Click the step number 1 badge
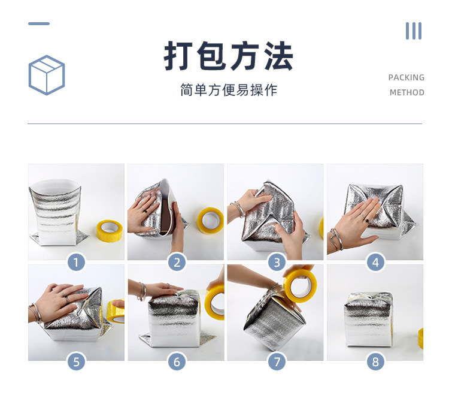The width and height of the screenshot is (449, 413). pyautogui.click(x=76, y=263)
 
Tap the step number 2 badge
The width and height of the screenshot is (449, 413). pyautogui.click(x=177, y=263)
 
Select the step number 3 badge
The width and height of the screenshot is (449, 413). pyautogui.click(x=277, y=263)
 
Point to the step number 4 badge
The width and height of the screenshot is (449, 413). pyautogui.click(x=375, y=263)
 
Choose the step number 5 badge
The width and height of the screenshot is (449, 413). pyautogui.click(x=76, y=361)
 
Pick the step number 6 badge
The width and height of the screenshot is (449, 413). pyautogui.click(x=177, y=361)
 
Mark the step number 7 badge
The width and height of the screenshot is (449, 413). pyautogui.click(x=277, y=361)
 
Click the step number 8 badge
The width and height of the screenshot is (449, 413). pyautogui.click(x=375, y=361)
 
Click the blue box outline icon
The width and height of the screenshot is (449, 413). pyautogui.click(x=47, y=75)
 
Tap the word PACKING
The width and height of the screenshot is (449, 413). pyautogui.click(x=406, y=77)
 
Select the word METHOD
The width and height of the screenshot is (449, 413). pyautogui.click(x=407, y=92)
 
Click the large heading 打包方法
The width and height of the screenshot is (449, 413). pyautogui.click(x=228, y=56)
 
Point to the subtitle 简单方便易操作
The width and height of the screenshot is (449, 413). pyautogui.click(x=229, y=90)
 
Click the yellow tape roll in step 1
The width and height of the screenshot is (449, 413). pyautogui.click(x=110, y=231)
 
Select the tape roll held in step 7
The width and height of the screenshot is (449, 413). pyautogui.click(x=301, y=284)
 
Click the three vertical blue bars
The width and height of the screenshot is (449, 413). pyautogui.click(x=414, y=31)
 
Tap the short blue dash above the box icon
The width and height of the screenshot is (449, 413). pyautogui.click(x=39, y=23)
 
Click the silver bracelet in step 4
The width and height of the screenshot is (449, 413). pyautogui.click(x=336, y=240)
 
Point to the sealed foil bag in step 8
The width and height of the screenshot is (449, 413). pyautogui.click(x=368, y=319)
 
